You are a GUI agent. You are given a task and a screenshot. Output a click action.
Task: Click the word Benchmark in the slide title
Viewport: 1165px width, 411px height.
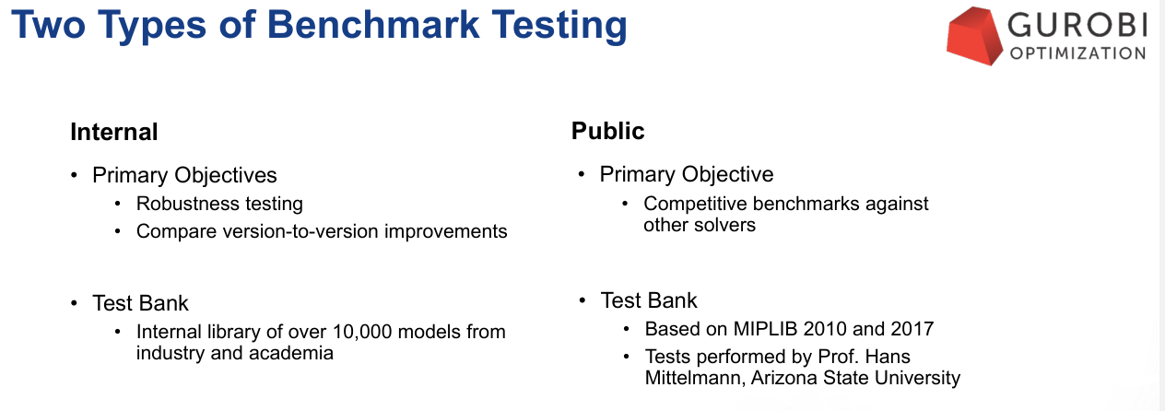(x=373, y=24)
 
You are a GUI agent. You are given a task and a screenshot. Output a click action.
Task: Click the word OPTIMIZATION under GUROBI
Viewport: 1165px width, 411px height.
(x=1077, y=53)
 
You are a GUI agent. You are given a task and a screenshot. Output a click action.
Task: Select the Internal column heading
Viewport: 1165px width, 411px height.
(x=114, y=132)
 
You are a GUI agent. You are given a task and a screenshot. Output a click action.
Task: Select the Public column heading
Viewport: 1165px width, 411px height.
(x=608, y=131)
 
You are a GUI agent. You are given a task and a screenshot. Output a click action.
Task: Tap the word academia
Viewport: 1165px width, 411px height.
(x=290, y=353)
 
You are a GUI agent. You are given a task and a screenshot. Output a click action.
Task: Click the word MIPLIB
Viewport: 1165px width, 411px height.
(x=765, y=329)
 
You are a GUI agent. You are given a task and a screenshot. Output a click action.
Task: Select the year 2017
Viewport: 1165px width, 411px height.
(x=912, y=329)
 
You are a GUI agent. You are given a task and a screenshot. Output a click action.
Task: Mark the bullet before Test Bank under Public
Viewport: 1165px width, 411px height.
(x=582, y=300)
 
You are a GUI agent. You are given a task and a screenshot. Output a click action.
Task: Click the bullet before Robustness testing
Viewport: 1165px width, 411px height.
(x=118, y=204)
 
